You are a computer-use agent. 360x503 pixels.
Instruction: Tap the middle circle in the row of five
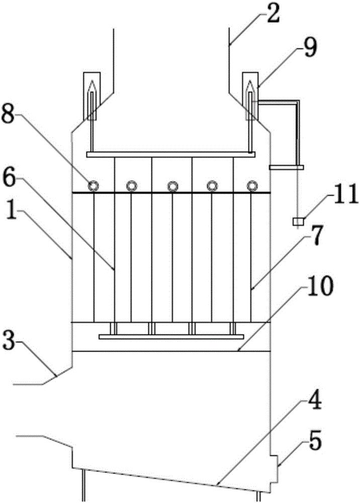click(x=172, y=186)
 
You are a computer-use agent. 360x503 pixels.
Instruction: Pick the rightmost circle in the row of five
click(x=251, y=186)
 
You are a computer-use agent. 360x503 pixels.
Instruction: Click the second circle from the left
click(x=132, y=186)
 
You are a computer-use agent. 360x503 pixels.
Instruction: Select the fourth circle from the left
click(x=212, y=186)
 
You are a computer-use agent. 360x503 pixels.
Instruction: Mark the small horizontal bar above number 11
click(x=287, y=167)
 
